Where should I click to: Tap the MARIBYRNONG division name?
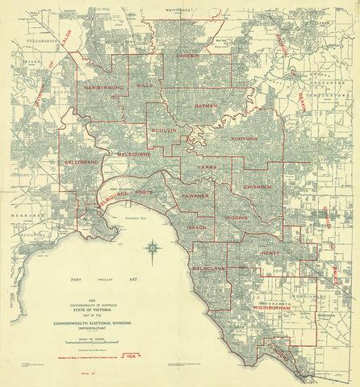pyautogui.click(x=99, y=86)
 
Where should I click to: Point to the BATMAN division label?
pyautogui.click(x=207, y=106)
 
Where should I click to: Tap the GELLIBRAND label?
pyautogui.click(x=82, y=162)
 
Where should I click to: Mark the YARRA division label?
pyautogui.click(x=211, y=168)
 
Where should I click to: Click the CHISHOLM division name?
pyautogui.click(x=261, y=187)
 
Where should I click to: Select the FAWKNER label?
pyautogui.click(x=195, y=196)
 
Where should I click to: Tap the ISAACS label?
pyautogui.click(x=197, y=227)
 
